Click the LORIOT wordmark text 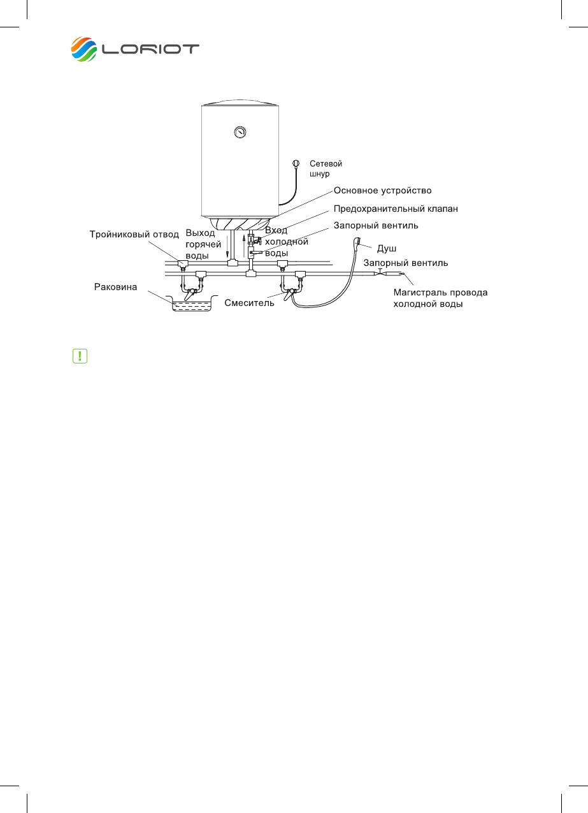[x=151, y=50]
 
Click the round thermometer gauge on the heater [x=240, y=133]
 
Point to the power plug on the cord [x=296, y=163]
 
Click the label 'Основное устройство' [x=383, y=191]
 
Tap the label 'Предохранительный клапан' [x=396, y=209]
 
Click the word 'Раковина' [x=116, y=287]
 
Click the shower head [x=359, y=243]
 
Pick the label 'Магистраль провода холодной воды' [x=440, y=298]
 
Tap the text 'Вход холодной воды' [x=286, y=242]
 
